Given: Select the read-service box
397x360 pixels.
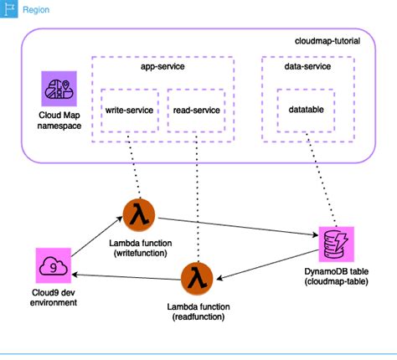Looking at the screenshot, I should (x=196, y=110).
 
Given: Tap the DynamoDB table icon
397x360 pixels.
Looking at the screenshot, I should (x=334, y=242).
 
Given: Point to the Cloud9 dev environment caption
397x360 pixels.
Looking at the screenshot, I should (x=52, y=297).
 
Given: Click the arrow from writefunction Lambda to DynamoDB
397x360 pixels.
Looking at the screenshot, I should (x=235, y=227).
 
